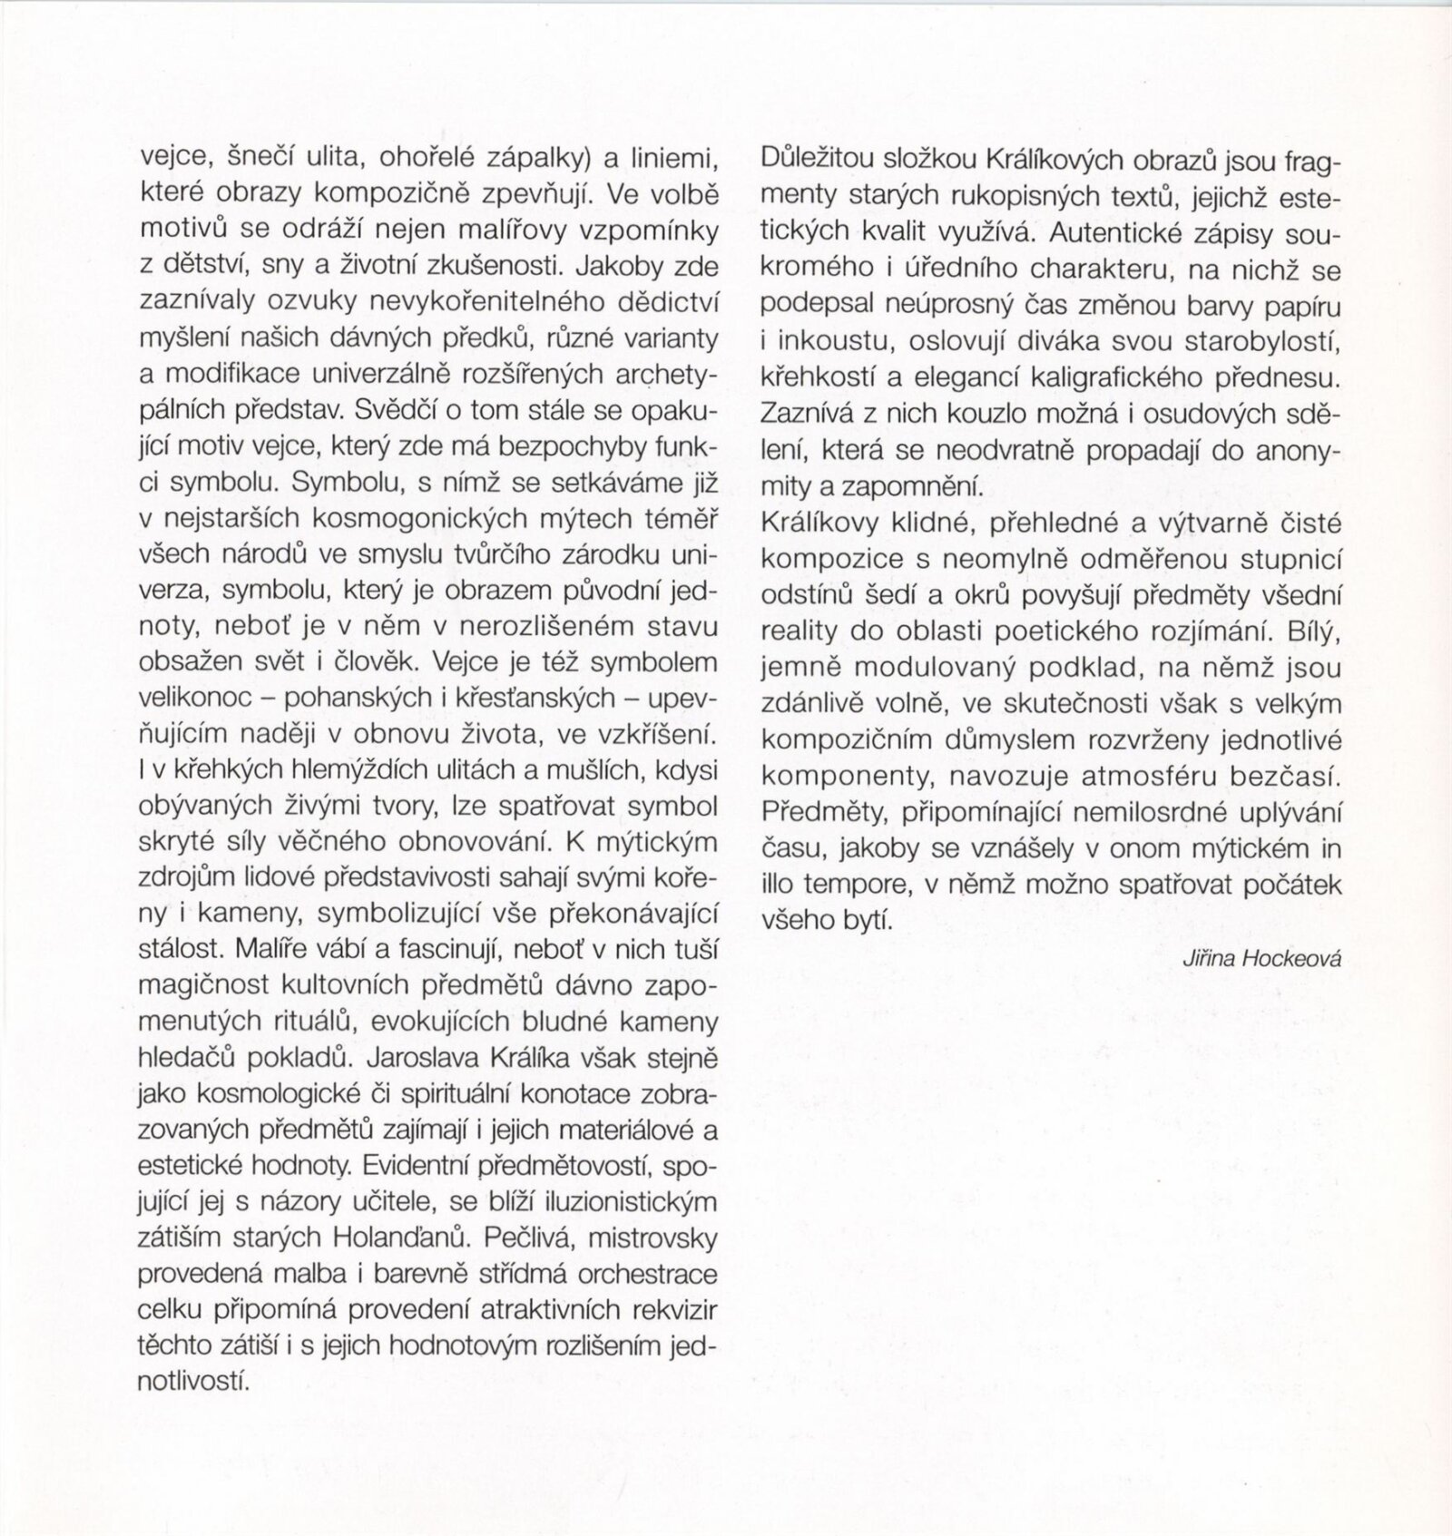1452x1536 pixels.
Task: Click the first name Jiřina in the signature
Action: click(1212, 959)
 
